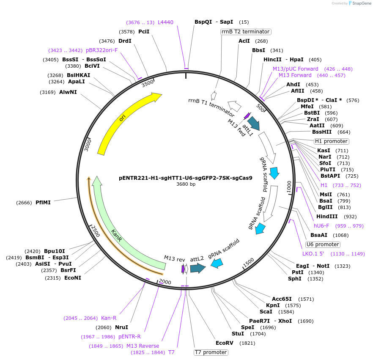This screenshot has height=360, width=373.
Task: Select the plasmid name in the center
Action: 186,178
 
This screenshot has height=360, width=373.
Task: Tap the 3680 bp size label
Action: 186,184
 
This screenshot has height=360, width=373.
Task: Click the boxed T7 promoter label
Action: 211,352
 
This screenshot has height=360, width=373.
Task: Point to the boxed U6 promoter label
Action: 323,245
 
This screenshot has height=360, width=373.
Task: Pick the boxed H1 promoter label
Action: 331,141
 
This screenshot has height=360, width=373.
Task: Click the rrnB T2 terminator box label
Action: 245,32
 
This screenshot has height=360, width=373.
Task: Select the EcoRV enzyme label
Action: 224,343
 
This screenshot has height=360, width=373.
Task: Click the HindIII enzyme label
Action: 328,217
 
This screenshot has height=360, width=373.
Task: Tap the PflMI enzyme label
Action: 43,203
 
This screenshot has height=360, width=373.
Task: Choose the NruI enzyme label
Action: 121,327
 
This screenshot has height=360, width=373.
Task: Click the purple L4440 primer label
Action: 165,22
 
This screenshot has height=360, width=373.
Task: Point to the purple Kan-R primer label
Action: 109,318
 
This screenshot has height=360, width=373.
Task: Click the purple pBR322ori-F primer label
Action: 101,50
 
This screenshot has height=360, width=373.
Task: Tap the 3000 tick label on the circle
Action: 88,145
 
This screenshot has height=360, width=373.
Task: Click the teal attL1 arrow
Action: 253,123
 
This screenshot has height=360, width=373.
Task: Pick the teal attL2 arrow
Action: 197,268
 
